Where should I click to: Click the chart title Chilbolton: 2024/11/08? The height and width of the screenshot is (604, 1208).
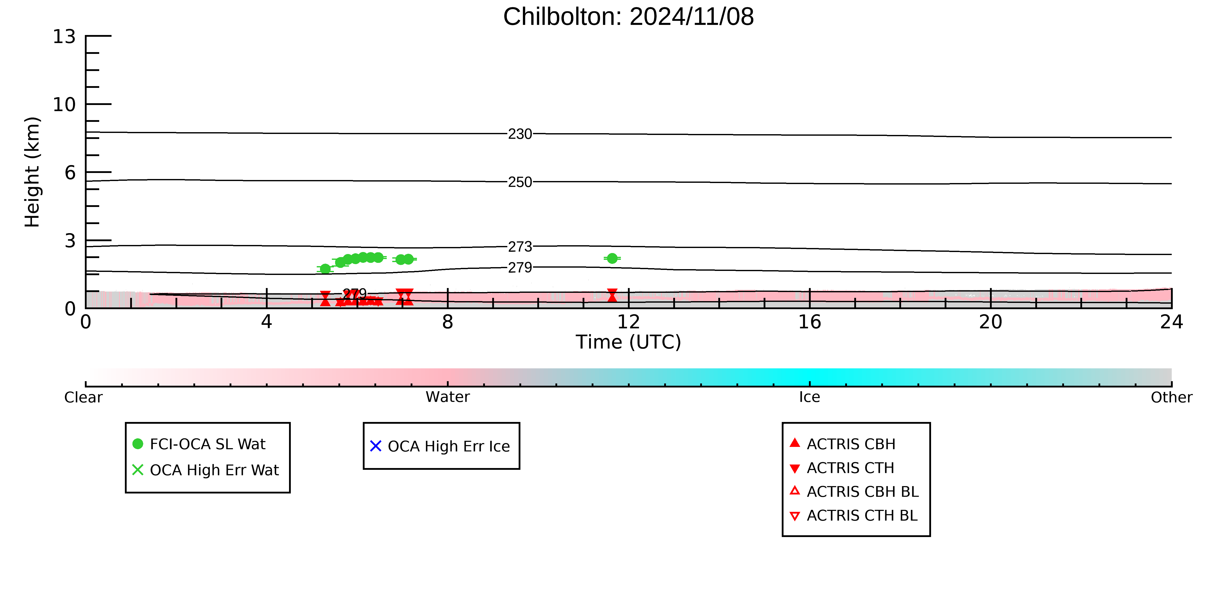click(628, 17)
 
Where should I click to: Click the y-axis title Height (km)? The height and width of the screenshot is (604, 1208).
click(32, 172)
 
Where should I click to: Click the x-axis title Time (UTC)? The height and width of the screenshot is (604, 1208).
click(628, 342)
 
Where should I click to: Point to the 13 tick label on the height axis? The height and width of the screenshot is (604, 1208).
click(64, 37)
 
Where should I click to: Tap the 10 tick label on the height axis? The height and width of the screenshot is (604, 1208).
click(64, 104)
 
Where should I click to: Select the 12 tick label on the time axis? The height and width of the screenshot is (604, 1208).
click(628, 322)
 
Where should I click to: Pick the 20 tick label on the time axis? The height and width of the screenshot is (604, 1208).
click(990, 322)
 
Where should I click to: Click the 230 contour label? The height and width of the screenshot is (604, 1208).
click(520, 134)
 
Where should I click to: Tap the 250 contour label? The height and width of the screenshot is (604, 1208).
click(520, 182)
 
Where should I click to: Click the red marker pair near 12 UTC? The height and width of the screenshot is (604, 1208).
click(612, 295)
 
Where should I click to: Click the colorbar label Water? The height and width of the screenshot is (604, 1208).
click(447, 397)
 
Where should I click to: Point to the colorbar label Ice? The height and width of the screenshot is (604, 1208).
click(809, 397)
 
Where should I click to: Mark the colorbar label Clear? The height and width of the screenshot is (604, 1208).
click(84, 397)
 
